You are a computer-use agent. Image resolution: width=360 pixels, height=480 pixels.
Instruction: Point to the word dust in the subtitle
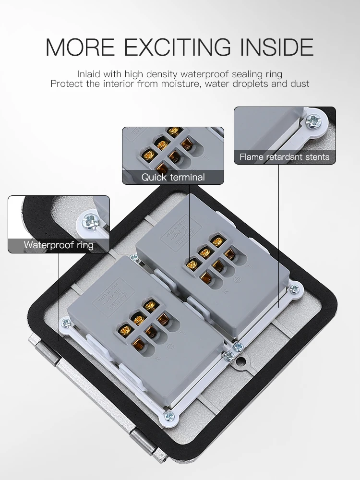(300, 84)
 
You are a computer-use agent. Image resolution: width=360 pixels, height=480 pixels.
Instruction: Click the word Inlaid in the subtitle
(88, 74)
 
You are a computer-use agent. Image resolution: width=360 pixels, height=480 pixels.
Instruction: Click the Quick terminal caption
(173, 177)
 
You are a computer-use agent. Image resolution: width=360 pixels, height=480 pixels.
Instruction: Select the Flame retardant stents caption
(284, 157)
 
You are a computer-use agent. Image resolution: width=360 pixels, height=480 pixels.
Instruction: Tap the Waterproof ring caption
(59, 245)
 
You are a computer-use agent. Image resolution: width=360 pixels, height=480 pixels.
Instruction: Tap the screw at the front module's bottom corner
(168, 417)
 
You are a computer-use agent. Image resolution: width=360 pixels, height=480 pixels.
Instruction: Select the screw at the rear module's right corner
(294, 289)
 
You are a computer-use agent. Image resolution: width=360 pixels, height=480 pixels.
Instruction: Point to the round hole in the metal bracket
(246, 358)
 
